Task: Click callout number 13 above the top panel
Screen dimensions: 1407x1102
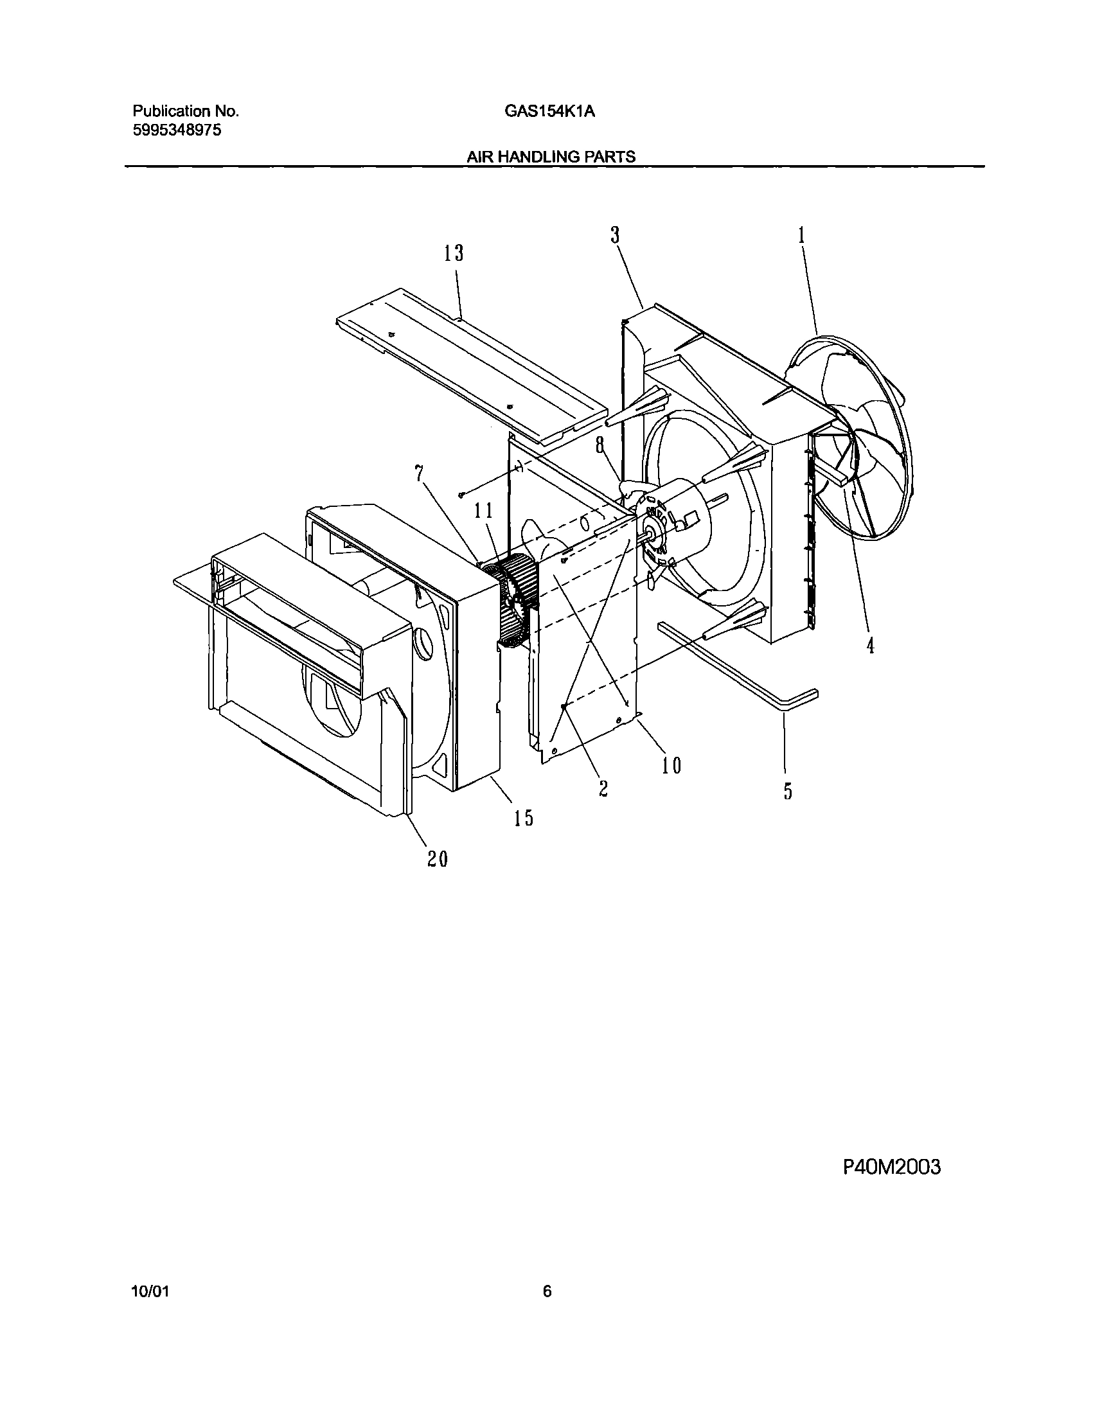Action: click(x=454, y=254)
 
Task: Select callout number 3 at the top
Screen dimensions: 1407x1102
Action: click(x=616, y=236)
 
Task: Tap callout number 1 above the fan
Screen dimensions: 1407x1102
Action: click(x=802, y=235)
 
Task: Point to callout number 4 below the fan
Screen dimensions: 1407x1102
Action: click(x=871, y=644)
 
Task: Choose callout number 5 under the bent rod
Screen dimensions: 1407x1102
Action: click(x=788, y=791)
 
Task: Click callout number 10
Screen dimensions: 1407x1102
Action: click(x=671, y=766)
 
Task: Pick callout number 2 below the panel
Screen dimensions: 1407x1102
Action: click(x=603, y=788)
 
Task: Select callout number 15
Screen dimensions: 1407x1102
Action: click(x=524, y=818)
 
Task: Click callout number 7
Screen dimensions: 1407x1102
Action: click(x=420, y=474)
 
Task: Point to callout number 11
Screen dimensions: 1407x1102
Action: click(x=484, y=511)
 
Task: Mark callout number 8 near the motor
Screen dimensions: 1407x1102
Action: click(x=600, y=445)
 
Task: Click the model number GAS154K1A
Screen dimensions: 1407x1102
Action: click(x=549, y=112)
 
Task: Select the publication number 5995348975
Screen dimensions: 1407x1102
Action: click(x=177, y=130)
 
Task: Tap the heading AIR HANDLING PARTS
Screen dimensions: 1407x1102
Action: click(x=551, y=157)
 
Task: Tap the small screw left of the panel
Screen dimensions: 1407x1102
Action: click(x=461, y=495)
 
